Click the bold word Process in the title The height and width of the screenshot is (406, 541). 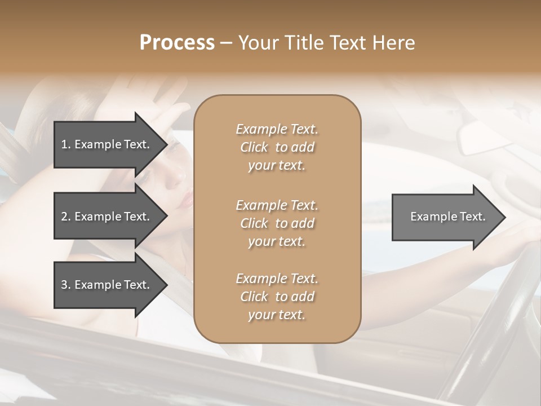pyautogui.click(x=177, y=43)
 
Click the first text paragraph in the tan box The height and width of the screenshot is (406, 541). pyautogui.click(x=277, y=147)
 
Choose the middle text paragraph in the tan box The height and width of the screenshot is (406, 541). pyautogui.click(x=277, y=223)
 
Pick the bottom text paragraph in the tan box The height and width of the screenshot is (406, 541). pyautogui.click(x=277, y=297)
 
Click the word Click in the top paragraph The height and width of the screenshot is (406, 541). pyautogui.click(x=254, y=147)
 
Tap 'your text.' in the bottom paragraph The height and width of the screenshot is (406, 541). pyautogui.click(x=277, y=315)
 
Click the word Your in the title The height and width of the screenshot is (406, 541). pyautogui.click(x=259, y=43)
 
